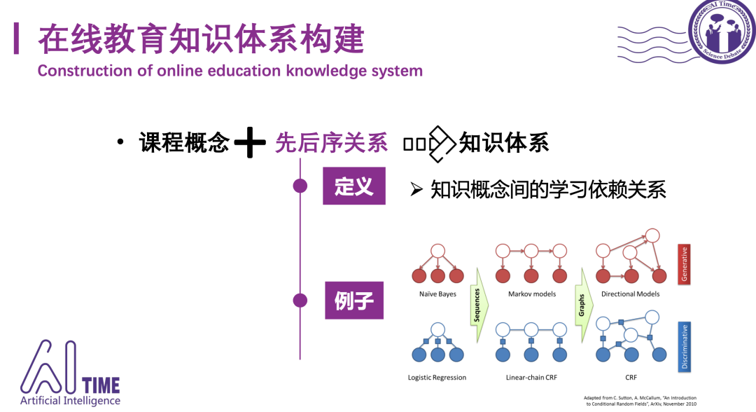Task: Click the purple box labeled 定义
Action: pos(353,186)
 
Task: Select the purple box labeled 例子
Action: pos(354,300)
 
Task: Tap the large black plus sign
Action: pos(250,143)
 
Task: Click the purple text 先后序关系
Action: pos(331,142)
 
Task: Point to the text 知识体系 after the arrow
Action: pos(503,142)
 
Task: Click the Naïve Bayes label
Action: pos(437,294)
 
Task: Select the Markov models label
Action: pos(532,294)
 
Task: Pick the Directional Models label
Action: pos(630,294)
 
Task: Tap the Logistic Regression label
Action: pos(437,378)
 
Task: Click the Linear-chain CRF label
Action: pos(531,378)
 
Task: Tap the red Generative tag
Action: pos(685,265)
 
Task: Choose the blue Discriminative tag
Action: pos(685,347)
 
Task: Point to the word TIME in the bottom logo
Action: pos(101,385)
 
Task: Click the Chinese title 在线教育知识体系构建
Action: pos(201,39)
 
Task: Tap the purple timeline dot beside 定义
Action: pos(300,186)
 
